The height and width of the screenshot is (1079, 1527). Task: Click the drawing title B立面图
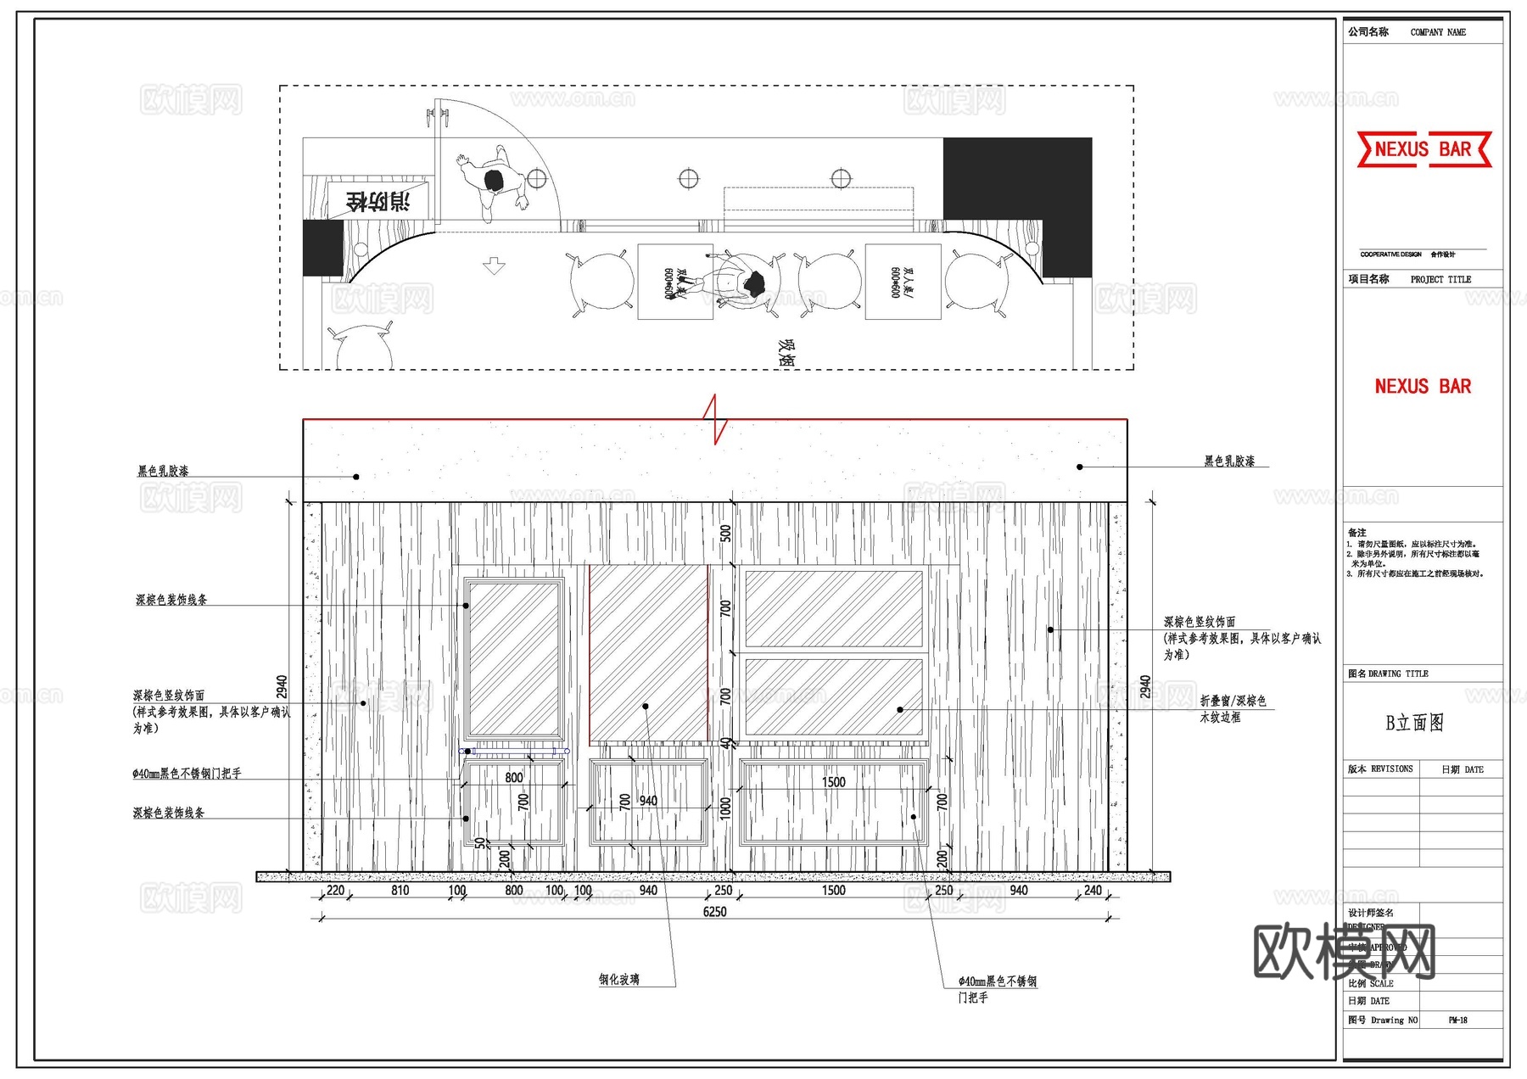(x=1414, y=723)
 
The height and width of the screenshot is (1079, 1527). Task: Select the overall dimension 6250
(x=714, y=912)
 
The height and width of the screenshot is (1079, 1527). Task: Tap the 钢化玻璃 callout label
(x=619, y=980)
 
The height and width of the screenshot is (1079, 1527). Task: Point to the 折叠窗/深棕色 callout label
(x=1233, y=702)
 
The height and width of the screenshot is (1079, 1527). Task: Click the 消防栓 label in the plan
(x=378, y=202)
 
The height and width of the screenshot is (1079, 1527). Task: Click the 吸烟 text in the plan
(x=786, y=353)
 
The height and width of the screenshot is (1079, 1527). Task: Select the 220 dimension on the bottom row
(x=335, y=891)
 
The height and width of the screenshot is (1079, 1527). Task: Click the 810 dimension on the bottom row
(x=400, y=891)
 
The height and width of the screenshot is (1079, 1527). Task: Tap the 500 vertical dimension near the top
(x=725, y=534)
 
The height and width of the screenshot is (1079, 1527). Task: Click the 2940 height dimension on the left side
(x=282, y=687)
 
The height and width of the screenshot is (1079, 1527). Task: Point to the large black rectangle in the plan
(x=1016, y=179)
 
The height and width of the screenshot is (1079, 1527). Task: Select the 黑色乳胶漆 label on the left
(x=163, y=471)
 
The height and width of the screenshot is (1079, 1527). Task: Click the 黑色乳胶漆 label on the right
(x=1229, y=461)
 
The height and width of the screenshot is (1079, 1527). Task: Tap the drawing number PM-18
(x=1457, y=1020)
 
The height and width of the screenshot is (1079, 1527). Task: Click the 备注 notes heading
(x=1356, y=533)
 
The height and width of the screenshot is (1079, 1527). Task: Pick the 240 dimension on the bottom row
(x=1093, y=891)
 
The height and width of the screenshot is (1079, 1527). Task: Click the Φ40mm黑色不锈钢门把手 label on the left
(x=187, y=774)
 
